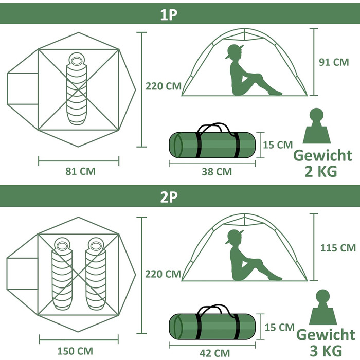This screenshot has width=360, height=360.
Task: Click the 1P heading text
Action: [x=169, y=15]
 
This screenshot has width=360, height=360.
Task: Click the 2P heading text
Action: [x=169, y=197]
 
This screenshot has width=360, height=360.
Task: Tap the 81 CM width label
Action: [x=80, y=171]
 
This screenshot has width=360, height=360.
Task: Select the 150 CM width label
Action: [x=75, y=351]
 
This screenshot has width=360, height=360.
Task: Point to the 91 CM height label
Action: [x=334, y=62]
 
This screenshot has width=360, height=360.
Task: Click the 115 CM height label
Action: [x=338, y=248]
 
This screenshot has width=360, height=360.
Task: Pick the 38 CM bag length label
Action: [x=217, y=172]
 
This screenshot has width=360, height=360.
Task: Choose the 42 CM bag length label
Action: [x=214, y=353]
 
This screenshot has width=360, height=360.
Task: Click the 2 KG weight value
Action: [x=321, y=171]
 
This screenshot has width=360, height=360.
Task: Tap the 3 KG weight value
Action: [x=326, y=351]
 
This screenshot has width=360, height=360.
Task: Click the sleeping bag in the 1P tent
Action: [x=77, y=89]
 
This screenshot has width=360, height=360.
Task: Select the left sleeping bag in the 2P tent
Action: [x=62, y=274]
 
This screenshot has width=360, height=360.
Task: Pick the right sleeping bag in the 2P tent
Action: [x=96, y=274]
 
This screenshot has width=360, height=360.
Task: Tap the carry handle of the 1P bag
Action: [x=213, y=129]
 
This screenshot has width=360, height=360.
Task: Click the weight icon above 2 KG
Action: [x=317, y=126]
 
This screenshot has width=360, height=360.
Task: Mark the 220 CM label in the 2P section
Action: [x=163, y=274]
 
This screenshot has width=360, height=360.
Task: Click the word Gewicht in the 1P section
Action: [x=322, y=155]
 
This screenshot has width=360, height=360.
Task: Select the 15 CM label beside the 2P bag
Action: [x=280, y=328]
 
